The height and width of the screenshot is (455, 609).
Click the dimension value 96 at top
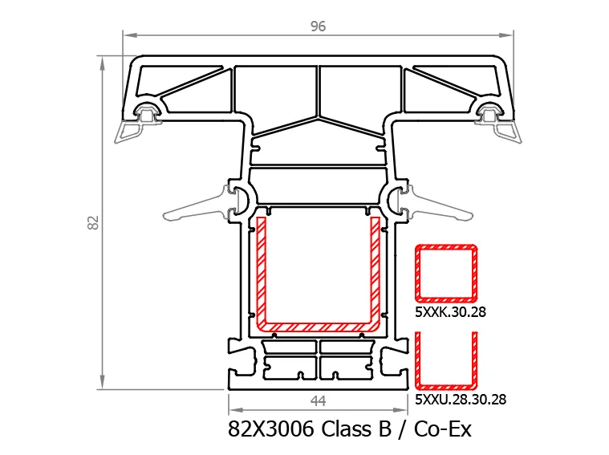(x=318, y=26)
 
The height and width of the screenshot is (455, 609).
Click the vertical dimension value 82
(x=94, y=222)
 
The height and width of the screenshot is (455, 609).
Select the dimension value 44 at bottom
(x=318, y=401)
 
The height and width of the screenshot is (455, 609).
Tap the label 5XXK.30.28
(x=450, y=311)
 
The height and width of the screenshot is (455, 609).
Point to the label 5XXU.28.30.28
(x=461, y=400)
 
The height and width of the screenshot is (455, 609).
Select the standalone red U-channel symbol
(x=446, y=386)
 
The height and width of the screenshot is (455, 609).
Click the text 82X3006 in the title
(x=270, y=429)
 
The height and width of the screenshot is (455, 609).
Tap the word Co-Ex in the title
(x=442, y=429)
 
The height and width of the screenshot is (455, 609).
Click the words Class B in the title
(x=356, y=429)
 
